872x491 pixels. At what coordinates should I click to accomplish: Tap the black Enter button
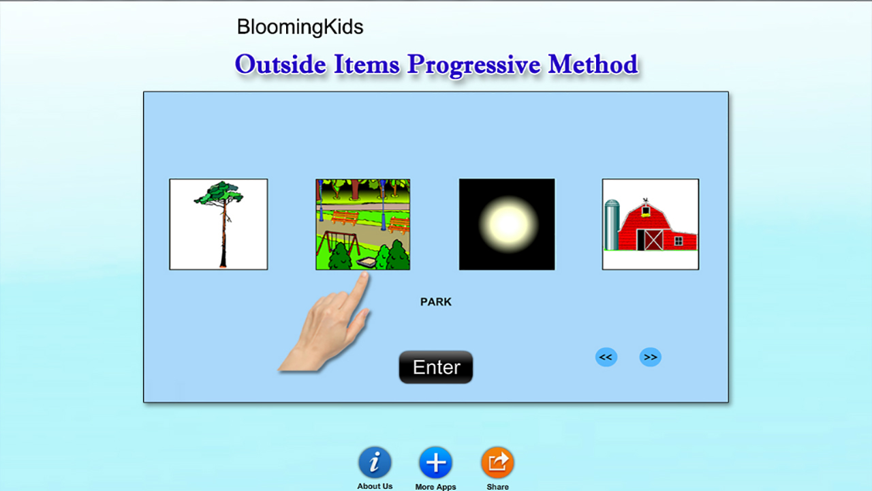(435, 367)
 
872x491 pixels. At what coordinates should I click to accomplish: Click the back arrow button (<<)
(606, 357)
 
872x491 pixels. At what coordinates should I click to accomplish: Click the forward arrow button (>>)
(650, 357)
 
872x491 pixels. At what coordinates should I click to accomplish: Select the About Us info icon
(375, 462)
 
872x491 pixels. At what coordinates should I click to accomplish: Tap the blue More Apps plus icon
(435, 462)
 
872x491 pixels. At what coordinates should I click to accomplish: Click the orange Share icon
(497, 462)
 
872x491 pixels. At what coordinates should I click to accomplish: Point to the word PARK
(435, 302)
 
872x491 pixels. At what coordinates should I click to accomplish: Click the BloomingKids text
(300, 27)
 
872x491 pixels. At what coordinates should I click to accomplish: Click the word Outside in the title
(280, 64)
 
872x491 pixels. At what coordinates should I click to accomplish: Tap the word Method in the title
(593, 64)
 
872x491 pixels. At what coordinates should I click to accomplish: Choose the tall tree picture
(219, 224)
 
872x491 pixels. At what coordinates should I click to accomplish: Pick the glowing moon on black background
(507, 224)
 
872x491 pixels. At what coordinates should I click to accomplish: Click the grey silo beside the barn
(612, 225)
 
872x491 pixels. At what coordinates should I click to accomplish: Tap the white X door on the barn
(653, 240)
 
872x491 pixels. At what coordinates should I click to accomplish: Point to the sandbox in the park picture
(367, 263)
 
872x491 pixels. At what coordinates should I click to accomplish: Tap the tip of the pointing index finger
(364, 274)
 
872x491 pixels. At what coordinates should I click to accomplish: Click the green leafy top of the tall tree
(219, 193)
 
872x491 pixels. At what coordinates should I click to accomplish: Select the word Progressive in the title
(473, 65)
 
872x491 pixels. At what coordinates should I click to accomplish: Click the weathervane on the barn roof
(646, 200)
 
